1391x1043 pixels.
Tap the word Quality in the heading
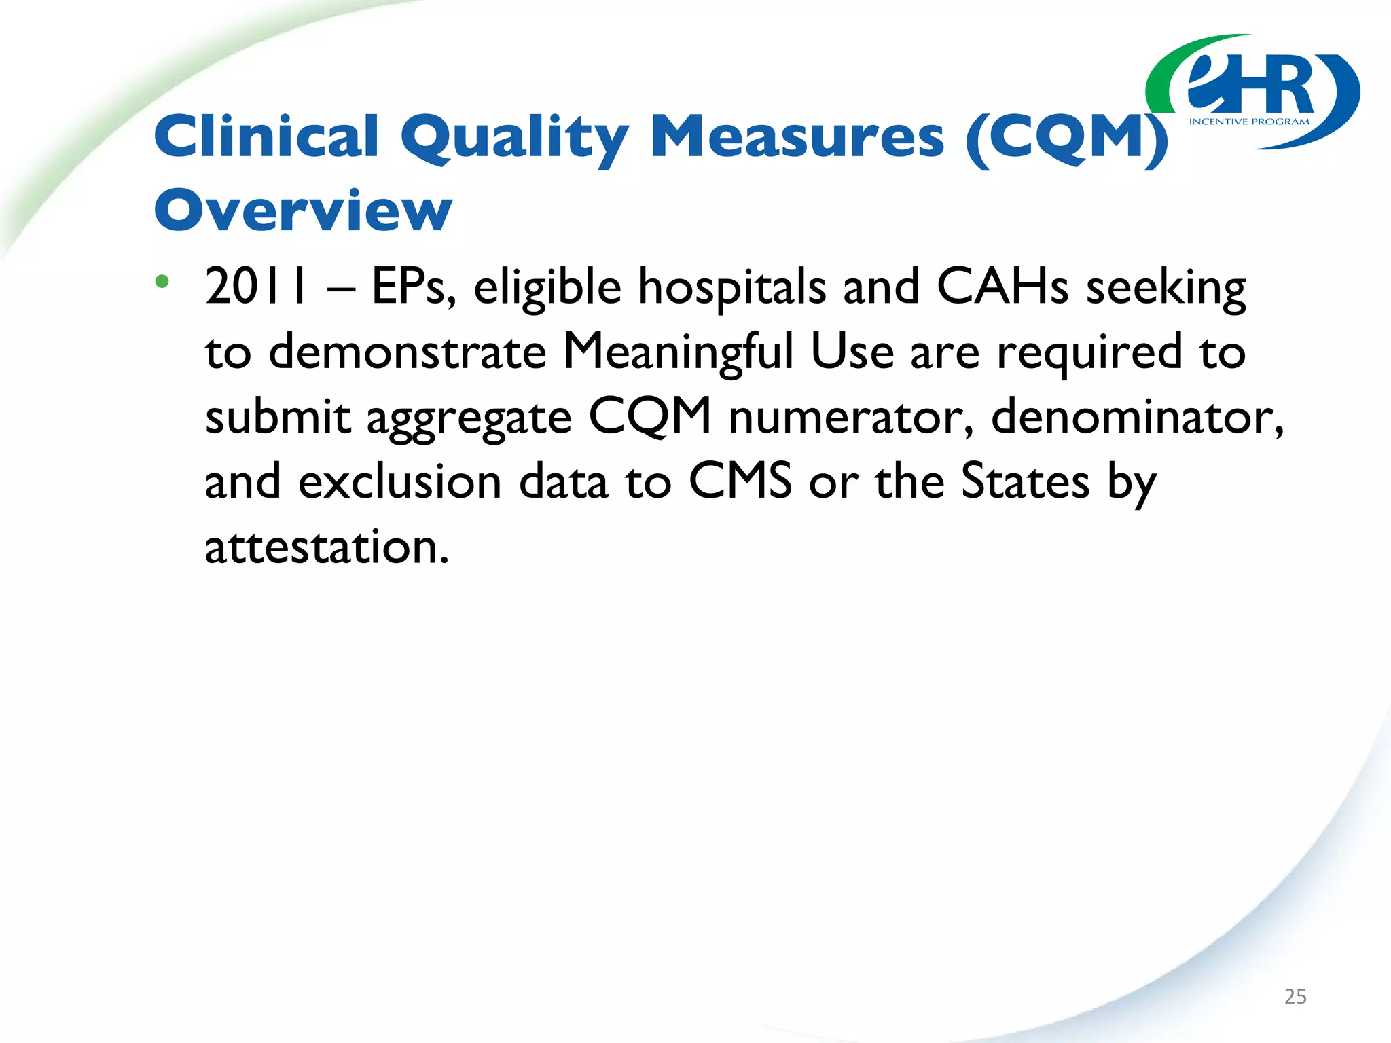tap(514, 139)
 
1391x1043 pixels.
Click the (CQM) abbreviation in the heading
tap(1066, 139)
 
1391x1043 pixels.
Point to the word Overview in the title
tap(303, 211)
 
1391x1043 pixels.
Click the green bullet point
tap(162, 281)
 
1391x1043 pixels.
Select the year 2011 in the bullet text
tap(257, 287)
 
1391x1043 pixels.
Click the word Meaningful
tap(679, 352)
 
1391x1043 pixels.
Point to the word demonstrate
tap(408, 352)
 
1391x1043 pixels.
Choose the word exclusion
tap(400, 481)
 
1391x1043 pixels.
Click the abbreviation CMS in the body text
tap(740, 481)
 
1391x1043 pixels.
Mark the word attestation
tap(327, 547)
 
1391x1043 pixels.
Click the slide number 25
tap(1295, 996)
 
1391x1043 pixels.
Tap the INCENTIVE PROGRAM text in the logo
tap(1249, 122)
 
